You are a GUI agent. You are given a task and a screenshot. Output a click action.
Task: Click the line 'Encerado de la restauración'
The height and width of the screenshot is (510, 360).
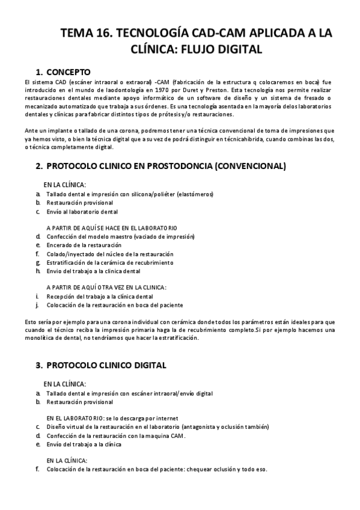click(x=84, y=245)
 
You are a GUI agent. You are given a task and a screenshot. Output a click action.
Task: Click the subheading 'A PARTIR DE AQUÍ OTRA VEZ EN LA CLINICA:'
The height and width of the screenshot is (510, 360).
click(x=106, y=287)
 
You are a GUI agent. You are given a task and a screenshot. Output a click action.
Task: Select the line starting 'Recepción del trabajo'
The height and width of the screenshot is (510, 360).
click(x=99, y=296)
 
